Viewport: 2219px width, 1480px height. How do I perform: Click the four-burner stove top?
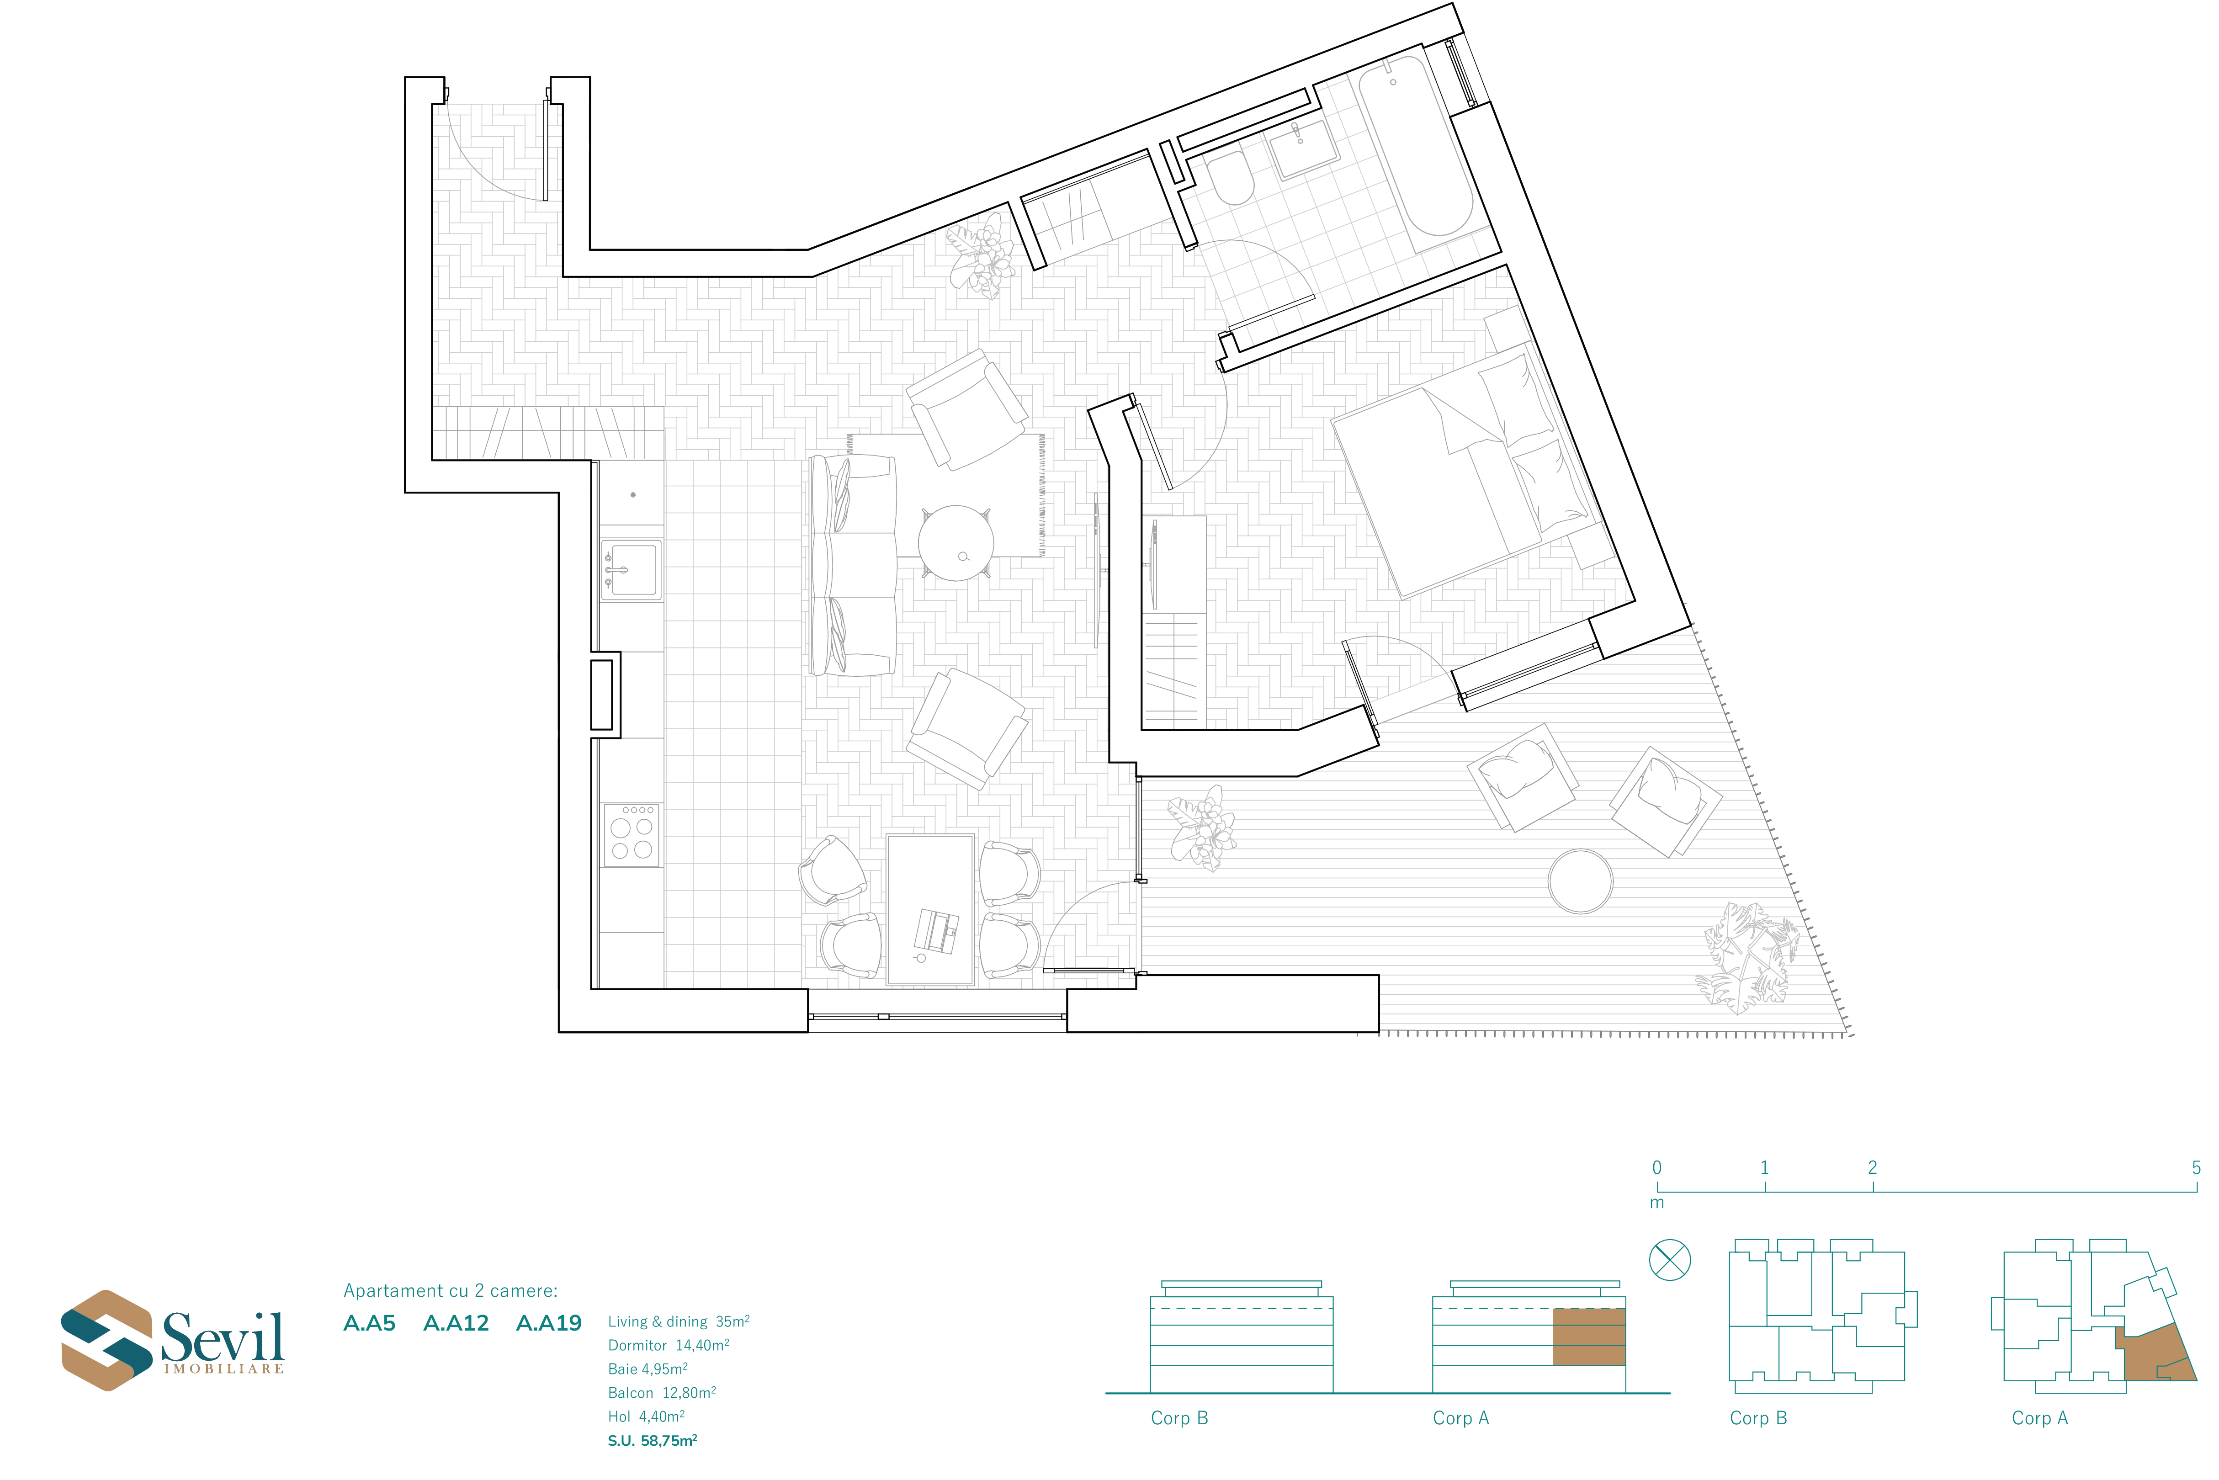pos(632,835)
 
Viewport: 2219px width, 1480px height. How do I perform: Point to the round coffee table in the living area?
pos(956,543)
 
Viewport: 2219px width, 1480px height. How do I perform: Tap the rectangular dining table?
pos(930,909)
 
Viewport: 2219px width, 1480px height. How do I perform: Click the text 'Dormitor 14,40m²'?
pos(668,1345)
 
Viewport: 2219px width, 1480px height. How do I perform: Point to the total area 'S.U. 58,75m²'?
pos(652,1440)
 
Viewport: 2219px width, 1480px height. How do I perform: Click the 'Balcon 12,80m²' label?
pos(662,1392)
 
